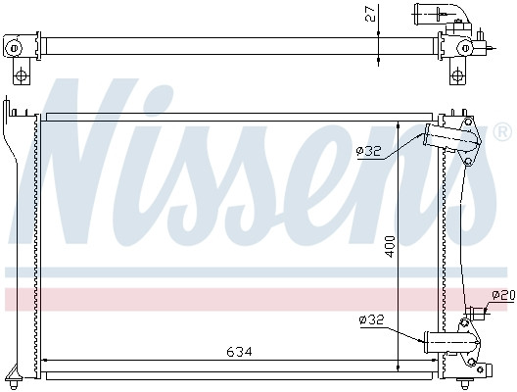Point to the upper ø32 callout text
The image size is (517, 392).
[368, 150]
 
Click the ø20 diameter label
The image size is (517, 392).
[502, 295]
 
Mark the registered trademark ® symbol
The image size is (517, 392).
[501, 130]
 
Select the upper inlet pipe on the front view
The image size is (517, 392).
[446, 138]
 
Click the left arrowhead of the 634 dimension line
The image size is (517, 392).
[45, 361]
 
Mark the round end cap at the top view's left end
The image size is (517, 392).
[14, 46]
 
